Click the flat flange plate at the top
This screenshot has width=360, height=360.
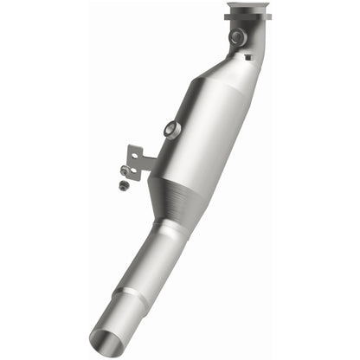pyautogui.click(x=246, y=16)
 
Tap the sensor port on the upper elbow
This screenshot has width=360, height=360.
pyautogui.click(x=235, y=36)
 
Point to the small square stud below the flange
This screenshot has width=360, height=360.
pyautogui.click(x=247, y=55)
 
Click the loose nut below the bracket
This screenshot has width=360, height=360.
pyautogui.click(x=124, y=185)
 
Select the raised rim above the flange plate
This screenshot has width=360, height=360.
pyautogui.click(x=246, y=7)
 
